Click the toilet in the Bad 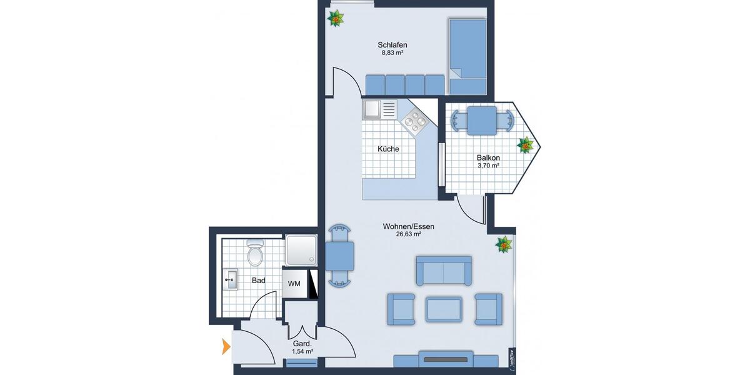coord(255,252)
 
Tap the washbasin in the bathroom coord(231,279)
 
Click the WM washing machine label coord(294,283)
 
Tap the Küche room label coord(388,149)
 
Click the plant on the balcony coord(526,146)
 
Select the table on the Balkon coord(482,119)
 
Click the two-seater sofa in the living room coord(444,271)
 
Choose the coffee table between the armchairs coord(444,309)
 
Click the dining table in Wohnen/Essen coord(339,256)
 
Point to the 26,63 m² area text coord(408,235)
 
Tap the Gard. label coord(302,344)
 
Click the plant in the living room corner coord(504,244)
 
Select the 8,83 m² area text coord(392,54)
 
